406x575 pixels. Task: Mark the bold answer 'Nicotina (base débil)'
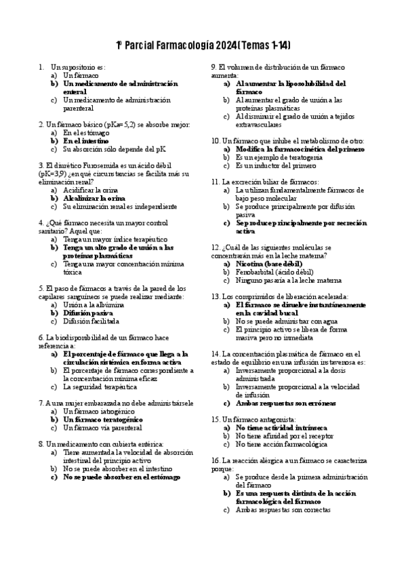click(269, 263)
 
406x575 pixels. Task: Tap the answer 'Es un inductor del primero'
click(276, 165)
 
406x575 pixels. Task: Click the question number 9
click(214, 68)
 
